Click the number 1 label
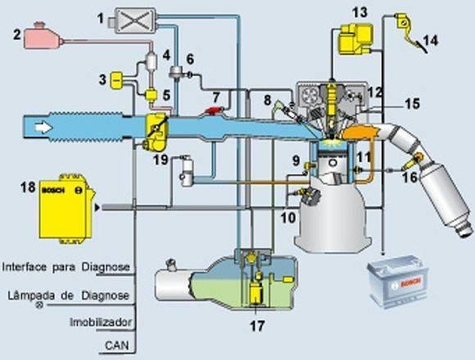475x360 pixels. click(101, 19)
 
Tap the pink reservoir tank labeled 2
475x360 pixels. click(43, 37)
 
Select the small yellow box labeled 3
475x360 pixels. click(116, 80)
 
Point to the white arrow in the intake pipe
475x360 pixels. click(43, 128)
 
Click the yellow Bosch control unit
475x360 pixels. click(66, 209)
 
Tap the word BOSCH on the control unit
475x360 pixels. click(54, 191)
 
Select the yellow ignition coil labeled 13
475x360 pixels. click(355, 39)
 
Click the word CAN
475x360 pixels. click(116, 345)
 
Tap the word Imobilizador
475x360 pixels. click(101, 322)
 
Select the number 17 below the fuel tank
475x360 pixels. click(257, 326)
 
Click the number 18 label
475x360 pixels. click(28, 187)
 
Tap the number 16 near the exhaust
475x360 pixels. click(410, 177)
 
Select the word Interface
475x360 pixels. click(25, 267)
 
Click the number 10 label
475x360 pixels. click(287, 217)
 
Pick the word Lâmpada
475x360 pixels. click(31, 295)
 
